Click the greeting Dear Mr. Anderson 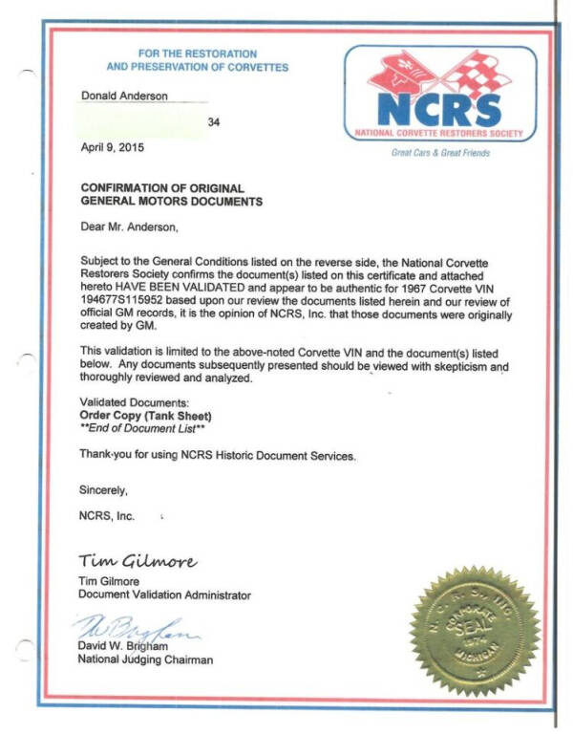point(129,227)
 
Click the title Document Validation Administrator point(164,594)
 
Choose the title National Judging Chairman point(146,659)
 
